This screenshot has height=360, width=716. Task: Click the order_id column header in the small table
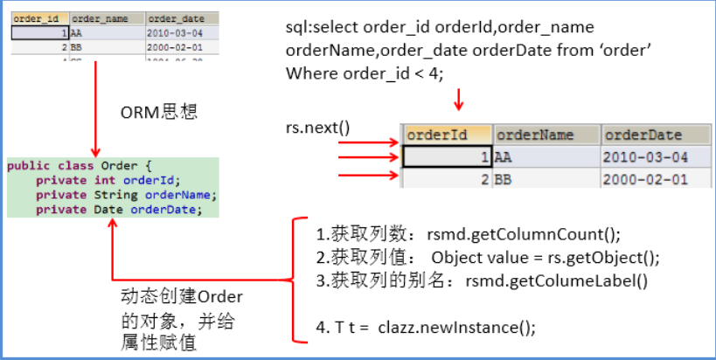39,17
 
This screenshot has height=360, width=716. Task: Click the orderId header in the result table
446,135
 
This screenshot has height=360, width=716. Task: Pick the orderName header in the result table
546,135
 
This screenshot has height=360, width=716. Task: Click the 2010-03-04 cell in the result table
647,156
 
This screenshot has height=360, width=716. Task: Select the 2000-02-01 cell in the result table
647,179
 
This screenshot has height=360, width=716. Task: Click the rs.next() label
317,128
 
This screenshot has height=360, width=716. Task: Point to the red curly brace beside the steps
297,280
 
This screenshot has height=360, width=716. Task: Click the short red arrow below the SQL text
457,100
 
